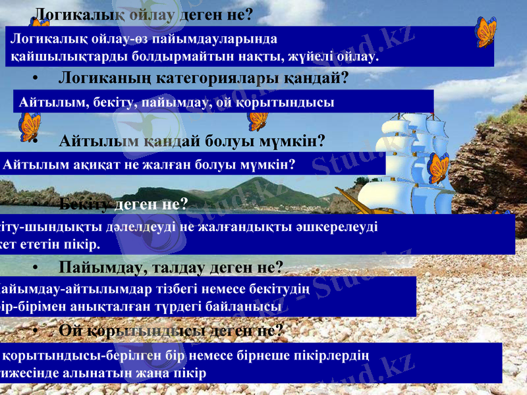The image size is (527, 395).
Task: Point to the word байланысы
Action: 250,307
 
